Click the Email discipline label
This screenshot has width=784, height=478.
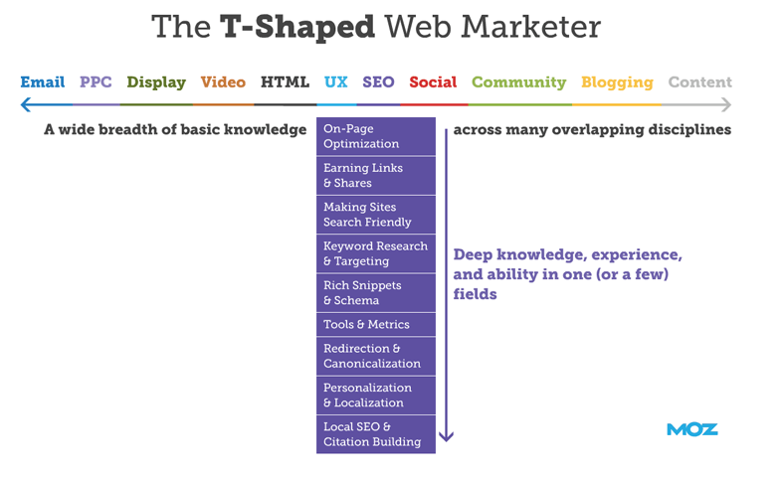pos(43,81)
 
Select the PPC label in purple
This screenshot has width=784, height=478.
pos(96,81)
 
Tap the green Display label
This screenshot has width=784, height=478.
pos(156,82)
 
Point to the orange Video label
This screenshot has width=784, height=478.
pos(223,81)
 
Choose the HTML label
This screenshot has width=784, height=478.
pos(285,81)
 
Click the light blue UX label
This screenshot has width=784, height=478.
pos(335,81)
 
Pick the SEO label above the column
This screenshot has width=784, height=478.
pos(378,81)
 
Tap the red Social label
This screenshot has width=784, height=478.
pos(433,81)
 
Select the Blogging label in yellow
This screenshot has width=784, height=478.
pos(617,82)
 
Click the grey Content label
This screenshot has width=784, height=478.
pos(700,81)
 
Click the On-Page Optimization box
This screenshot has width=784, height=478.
pos(376,136)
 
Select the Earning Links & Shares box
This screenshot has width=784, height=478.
pos(376,175)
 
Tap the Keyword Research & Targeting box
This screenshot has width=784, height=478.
pos(376,253)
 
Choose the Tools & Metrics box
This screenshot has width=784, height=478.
pos(376,325)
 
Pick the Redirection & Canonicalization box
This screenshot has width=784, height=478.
pos(376,356)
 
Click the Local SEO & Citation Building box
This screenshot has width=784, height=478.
pos(376,434)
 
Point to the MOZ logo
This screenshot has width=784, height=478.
pos(692,429)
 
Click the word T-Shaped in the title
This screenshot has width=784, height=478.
pos(297,27)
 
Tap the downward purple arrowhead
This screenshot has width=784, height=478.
pos(446,436)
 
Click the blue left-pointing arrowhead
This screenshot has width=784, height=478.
pos(25,105)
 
